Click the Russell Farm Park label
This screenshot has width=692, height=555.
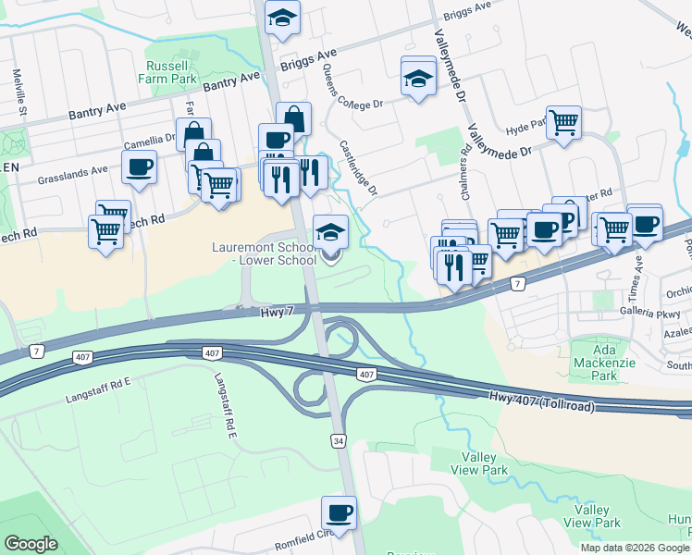167,73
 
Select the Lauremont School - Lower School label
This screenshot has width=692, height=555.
264,253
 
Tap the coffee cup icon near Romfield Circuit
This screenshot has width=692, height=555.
339,512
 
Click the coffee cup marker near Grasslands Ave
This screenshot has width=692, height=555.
139,167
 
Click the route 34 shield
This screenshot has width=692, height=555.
340,441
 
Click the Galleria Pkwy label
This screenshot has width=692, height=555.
655,313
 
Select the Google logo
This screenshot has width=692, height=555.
31,544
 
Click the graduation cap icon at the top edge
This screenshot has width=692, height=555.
282,16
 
